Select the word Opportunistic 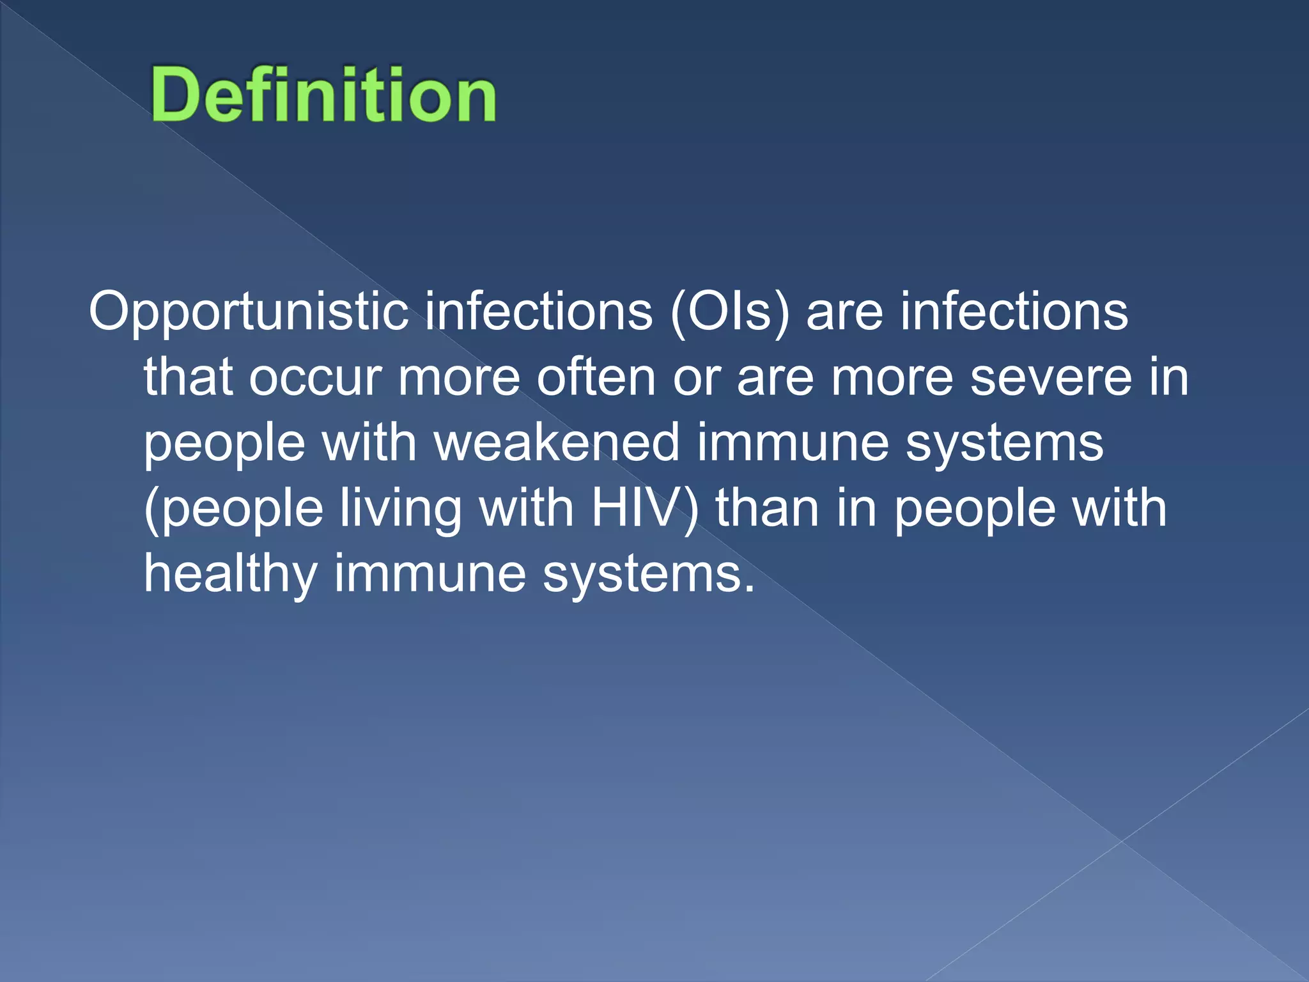pyautogui.click(x=248, y=312)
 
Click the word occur pyautogui.click(x=316, y=378)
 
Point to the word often pyautogui.click(x=596, y=378)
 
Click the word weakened pyautogui.click(x=557, y=443)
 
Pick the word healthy pyautogui.click(x=230, y=574)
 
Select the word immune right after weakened pyautogui.click(x=793, y=443)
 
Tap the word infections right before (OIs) pyautogui.click(x=539, y=312)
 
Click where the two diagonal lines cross pyautogui.click(x=1122, y=841)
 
